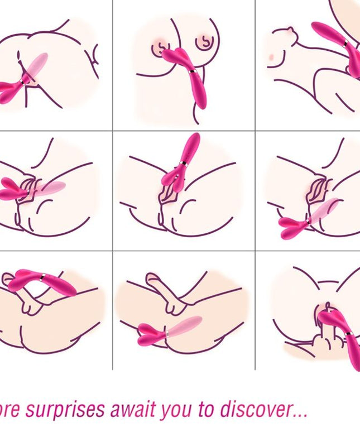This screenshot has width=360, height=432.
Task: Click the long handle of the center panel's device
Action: pos(190,146)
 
